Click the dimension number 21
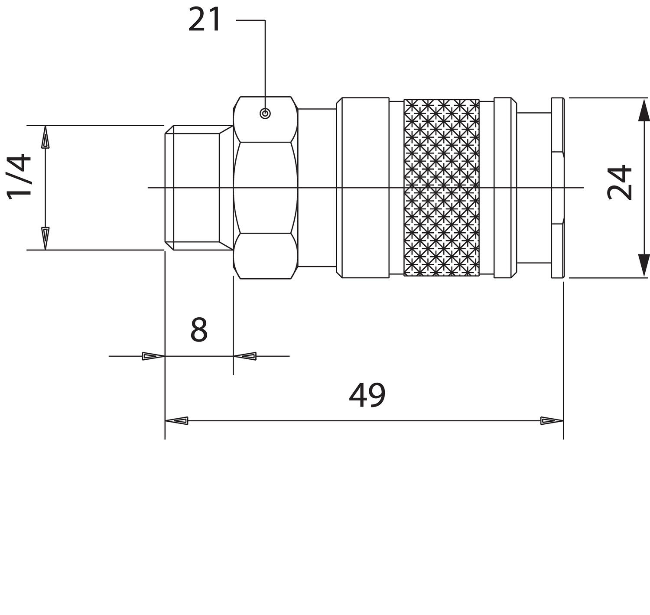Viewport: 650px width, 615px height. pos(204,20)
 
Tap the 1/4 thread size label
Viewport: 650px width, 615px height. pos(19,176)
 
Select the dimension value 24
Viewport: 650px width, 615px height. pos(620,182)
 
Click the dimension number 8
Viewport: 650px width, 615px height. pos(199,330)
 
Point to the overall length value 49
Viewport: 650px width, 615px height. pos(367,395)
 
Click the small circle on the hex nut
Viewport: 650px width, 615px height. pos(265,114)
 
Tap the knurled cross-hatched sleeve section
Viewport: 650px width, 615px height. pos(442,188)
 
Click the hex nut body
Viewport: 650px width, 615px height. pos(266,188)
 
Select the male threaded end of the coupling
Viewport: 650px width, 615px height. pos(199,188)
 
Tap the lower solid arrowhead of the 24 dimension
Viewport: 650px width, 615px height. pos(643,266)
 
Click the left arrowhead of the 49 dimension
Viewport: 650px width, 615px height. pos(176,420)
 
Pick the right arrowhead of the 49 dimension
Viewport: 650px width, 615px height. pos(552,420)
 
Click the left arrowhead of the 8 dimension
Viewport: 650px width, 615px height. pos(153,356)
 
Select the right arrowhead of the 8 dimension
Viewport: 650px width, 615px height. pos(245,356)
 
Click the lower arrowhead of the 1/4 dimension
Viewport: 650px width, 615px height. pos(45,238)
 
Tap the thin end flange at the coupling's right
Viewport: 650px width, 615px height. pos(558,188)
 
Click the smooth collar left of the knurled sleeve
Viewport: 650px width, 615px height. pos(363,188)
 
